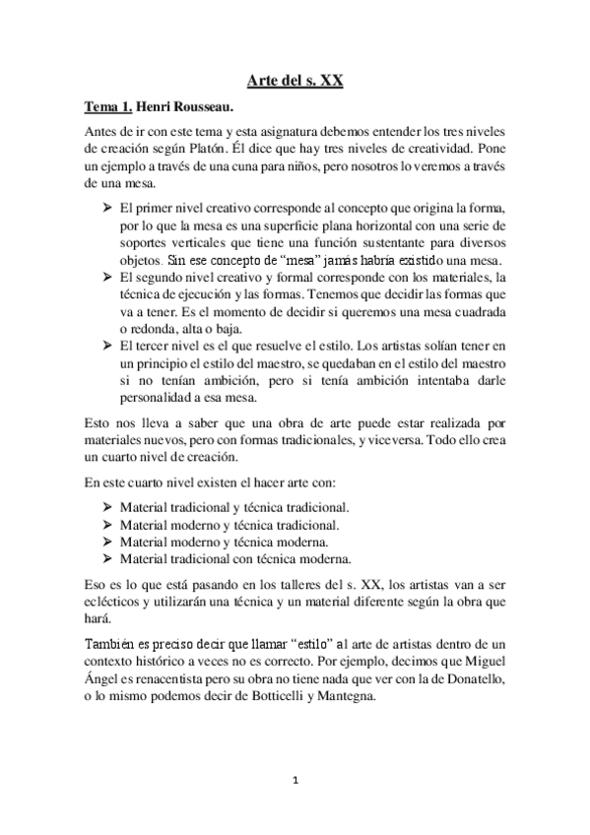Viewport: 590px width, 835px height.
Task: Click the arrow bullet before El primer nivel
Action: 106,210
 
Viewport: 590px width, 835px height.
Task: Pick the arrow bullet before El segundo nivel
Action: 106,279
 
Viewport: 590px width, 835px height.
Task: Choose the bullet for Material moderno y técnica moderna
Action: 106,541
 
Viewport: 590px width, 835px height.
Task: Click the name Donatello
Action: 475,679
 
